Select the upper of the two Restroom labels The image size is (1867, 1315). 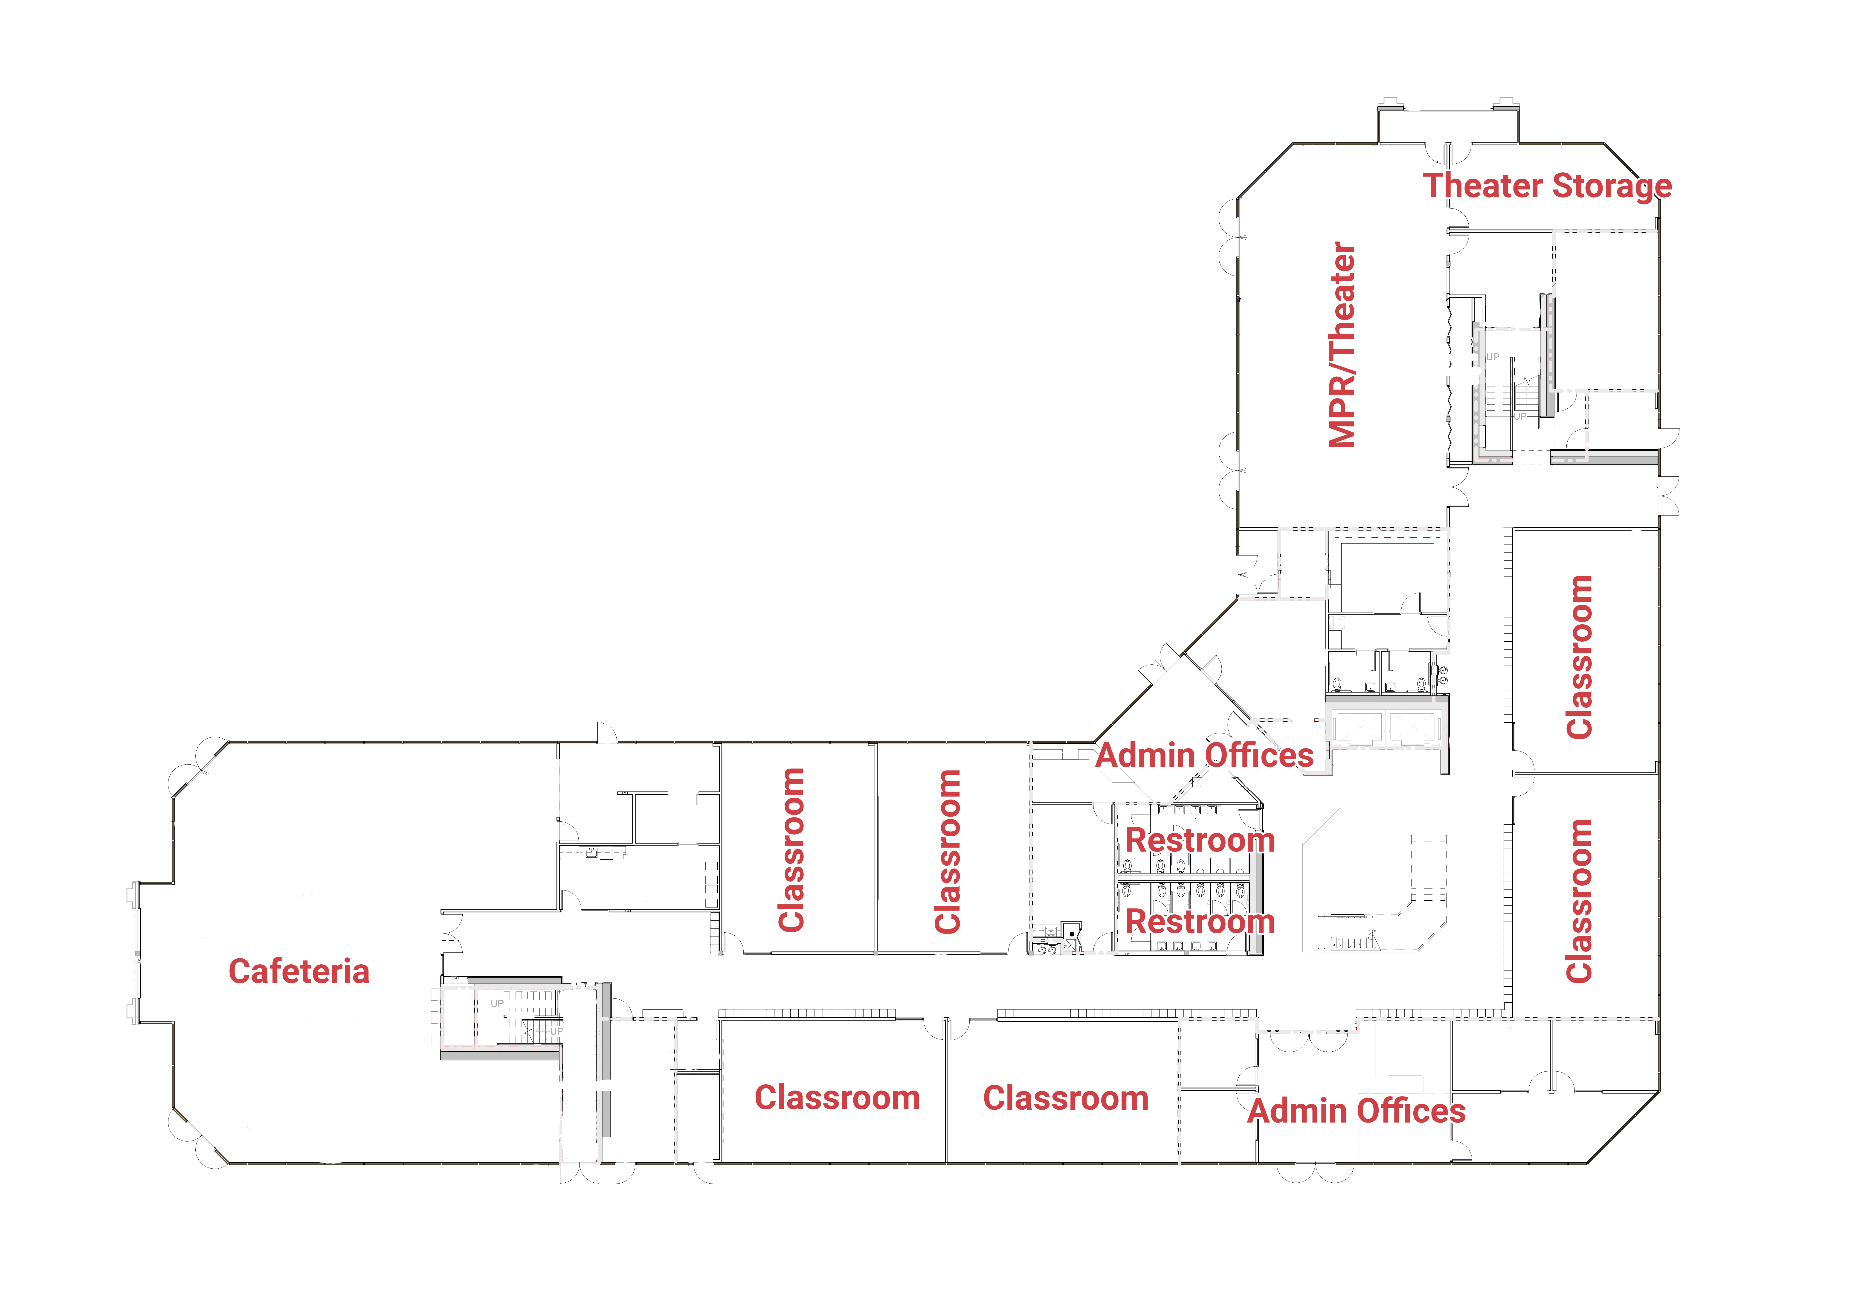pos(1200,840)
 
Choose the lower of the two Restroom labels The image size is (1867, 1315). pos(1200,921)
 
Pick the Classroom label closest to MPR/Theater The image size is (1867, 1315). pos(1579,657)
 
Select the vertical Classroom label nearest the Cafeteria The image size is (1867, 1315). pos(791,850)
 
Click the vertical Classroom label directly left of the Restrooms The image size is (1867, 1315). pos(948,851)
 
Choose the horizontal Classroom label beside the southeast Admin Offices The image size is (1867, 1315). pos(1066,1098)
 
